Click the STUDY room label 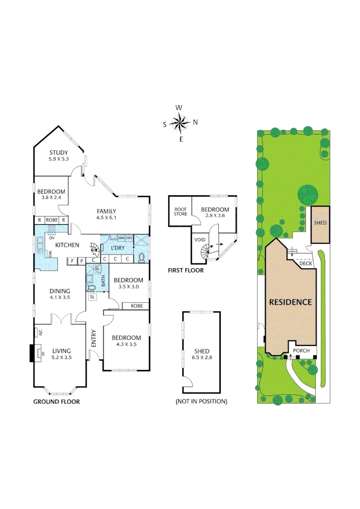pos(59,153)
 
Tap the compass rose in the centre pos(180,123)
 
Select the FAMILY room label pos(106,211)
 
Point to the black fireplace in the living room pos(33,353)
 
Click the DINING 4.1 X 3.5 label pos(59,294)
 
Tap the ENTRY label pos(93,338)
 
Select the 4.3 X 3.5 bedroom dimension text pos(126,345)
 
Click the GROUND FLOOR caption pos(56,402)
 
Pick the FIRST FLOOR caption pos(186,271)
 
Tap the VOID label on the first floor pos(200,239)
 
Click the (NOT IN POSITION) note pos(201,402)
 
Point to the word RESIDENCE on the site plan pos(290,302)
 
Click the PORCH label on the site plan pos(302,351)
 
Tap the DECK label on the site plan pos(306,264)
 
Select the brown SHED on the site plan pos(320,223)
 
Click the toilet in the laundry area pos(142,257)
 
